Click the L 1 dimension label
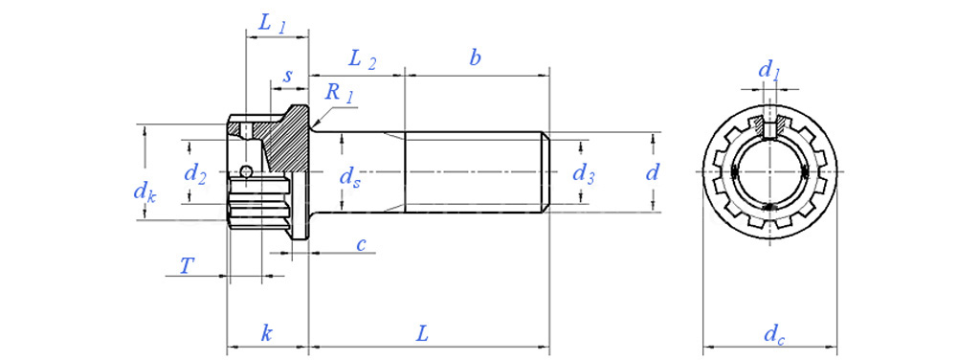point(272,24)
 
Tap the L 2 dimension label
point(362,59)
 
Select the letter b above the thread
point(475,58)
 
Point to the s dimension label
point(288,77)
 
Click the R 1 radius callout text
point(339,93)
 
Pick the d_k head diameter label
point(145,192)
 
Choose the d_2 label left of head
point(194,175)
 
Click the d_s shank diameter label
point(349,177)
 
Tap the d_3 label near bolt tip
point(584,174)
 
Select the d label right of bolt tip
point(653,172)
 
